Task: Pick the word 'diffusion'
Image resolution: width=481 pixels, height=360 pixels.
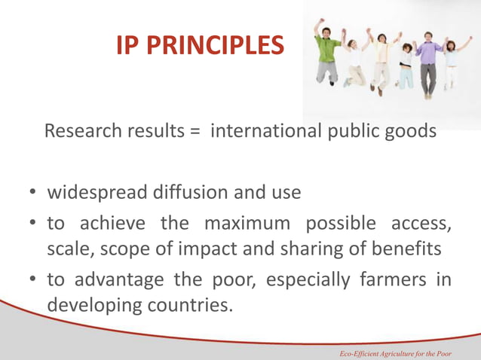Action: point(195,193)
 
